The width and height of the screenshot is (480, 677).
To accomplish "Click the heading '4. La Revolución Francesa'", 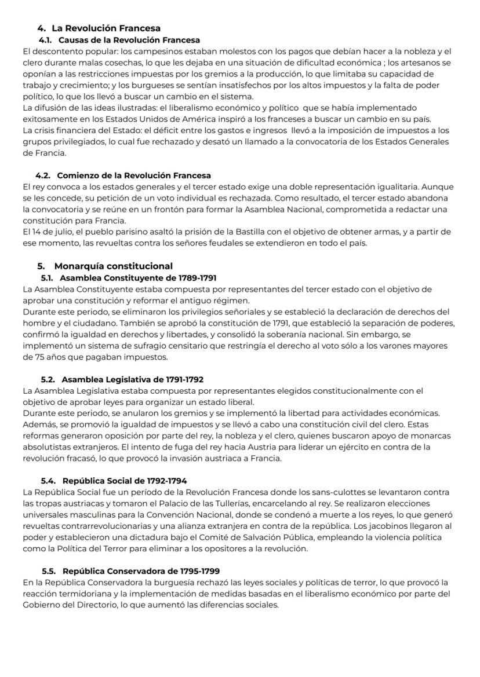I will pos(99,28).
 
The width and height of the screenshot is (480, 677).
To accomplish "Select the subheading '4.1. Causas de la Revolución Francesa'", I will pos(119,40).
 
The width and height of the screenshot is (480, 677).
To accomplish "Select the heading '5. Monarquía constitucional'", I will pos(105,266).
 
